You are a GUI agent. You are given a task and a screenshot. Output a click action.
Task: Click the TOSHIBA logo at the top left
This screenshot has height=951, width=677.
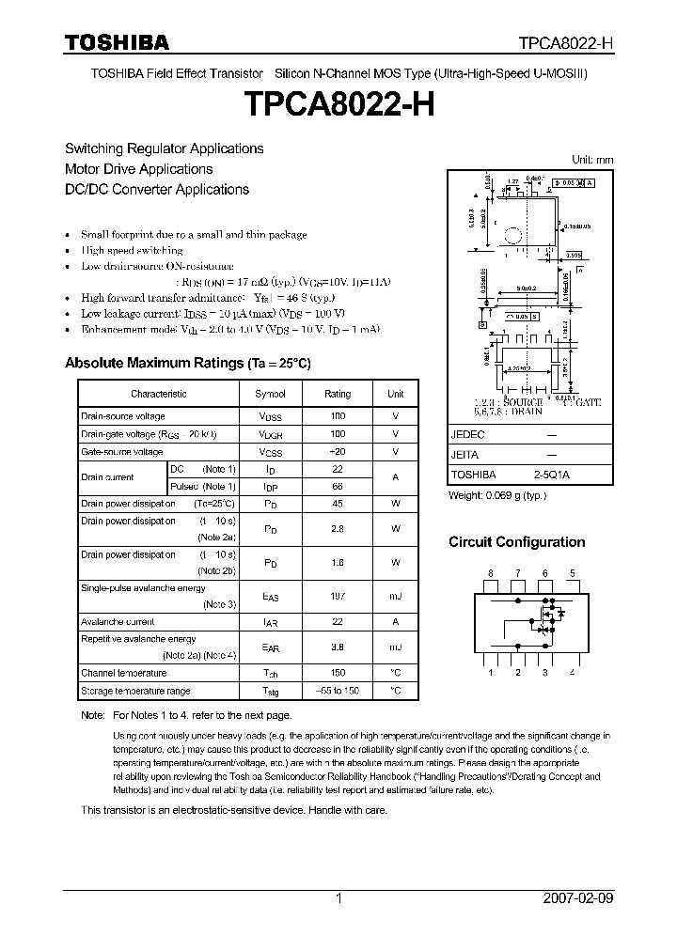(116, 43)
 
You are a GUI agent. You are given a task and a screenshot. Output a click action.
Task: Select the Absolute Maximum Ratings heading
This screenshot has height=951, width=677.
(187, 363)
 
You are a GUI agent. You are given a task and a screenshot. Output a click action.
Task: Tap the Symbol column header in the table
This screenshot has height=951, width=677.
(270, 395)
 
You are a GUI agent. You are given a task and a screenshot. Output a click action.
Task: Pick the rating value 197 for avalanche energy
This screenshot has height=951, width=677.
(338, 595)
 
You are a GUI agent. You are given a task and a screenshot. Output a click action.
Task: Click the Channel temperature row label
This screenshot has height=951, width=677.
(123, 673)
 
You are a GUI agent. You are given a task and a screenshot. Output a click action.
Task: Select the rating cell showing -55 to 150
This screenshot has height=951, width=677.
(338, 691)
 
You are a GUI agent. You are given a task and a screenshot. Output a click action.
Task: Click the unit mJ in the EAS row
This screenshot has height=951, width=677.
(396, 595)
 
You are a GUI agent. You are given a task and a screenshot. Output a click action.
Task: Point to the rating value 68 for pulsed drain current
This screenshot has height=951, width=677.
(338, 487)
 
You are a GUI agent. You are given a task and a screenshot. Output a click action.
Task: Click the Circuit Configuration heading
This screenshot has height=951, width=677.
(516, 542)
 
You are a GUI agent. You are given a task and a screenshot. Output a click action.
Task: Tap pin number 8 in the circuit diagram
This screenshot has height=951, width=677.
(490, 573)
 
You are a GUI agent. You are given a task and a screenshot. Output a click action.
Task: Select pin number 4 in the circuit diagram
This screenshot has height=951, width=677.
(572, 673)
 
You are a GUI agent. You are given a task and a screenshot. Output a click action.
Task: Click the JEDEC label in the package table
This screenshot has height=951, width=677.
(467, 435)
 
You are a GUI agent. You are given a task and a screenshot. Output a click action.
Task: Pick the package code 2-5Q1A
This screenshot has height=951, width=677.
(552, 475)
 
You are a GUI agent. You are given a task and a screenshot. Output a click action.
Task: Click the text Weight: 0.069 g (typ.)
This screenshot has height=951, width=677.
(496, 495)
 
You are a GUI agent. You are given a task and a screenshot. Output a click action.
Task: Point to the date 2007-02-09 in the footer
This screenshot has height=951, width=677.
(578, 898)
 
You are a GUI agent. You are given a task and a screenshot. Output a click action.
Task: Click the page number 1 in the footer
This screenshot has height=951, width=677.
(338, 898)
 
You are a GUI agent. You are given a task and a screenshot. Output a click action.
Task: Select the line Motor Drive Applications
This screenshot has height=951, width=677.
(138, 169)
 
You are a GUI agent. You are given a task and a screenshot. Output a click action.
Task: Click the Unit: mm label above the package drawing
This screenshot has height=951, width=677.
(592, 160)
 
